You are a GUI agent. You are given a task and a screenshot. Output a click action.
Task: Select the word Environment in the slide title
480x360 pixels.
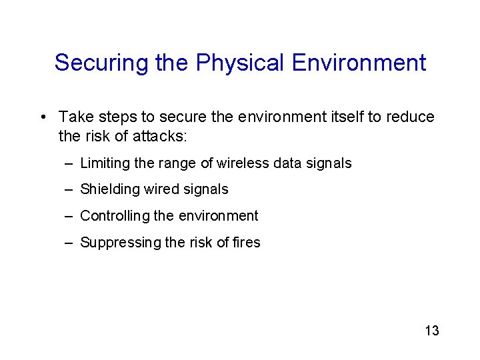tap(359, 63)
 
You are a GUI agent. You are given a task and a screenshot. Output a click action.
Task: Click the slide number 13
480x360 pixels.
tap(431, 331)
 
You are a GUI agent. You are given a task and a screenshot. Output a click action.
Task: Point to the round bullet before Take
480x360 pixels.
tap(42, 118)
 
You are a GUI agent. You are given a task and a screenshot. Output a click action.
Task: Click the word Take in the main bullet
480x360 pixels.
tap(76, 117)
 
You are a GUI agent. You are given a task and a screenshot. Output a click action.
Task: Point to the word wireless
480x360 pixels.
tap(243, 163)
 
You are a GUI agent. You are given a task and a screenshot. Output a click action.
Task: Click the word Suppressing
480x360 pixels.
tap(120, 243)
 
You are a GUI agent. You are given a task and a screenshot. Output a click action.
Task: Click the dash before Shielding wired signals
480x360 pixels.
tap(69, 190)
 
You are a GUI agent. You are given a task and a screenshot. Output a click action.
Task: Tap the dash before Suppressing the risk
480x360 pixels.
tap(69, 243)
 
